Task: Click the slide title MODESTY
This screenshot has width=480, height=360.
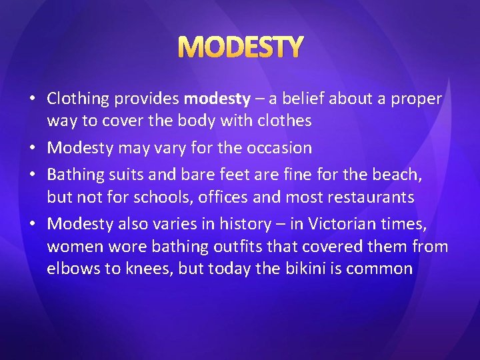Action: pyautogui.click(x=240, y=47)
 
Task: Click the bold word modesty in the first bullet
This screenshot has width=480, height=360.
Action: pyautogui.click(x=217, y=99)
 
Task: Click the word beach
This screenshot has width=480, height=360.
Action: pyautogui.click(x=417, y=175)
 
